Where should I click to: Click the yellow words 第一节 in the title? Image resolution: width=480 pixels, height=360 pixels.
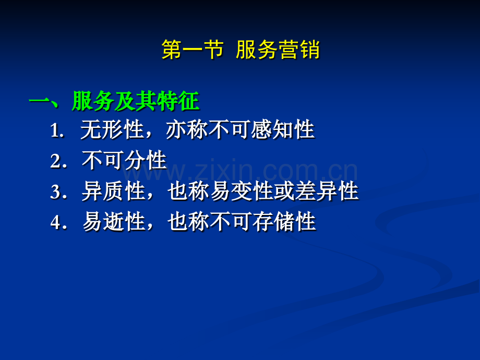(x=192, y=49)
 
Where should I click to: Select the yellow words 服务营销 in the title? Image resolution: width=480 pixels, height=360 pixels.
(x=278, y=49)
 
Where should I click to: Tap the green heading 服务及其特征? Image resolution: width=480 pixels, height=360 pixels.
(x=136, y=101)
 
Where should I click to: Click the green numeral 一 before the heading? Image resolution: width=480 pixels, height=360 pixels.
(x=39, y=101)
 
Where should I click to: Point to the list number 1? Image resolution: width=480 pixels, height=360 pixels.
(x=57, y=130)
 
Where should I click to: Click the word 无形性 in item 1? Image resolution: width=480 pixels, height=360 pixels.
(x=112, y=129)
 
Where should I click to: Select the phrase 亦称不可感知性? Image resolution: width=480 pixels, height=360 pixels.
(x=241, y=129)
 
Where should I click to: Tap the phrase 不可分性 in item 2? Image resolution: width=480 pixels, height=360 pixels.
(x=124, y=160)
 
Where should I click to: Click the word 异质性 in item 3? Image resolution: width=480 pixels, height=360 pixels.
(x=113, y=191)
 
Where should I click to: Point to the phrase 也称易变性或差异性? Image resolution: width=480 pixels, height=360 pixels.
(x=263, y=191)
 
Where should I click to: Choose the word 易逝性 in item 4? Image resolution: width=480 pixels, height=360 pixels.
(x=113, y=221)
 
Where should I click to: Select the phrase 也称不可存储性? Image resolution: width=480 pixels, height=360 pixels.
(x=242, y=221)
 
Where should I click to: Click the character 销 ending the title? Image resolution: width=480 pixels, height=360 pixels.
(x=309, y=49)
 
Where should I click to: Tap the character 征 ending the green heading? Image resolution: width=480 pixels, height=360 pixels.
(x=189, y=101)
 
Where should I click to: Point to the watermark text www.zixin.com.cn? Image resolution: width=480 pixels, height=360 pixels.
(x=240, y=170)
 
